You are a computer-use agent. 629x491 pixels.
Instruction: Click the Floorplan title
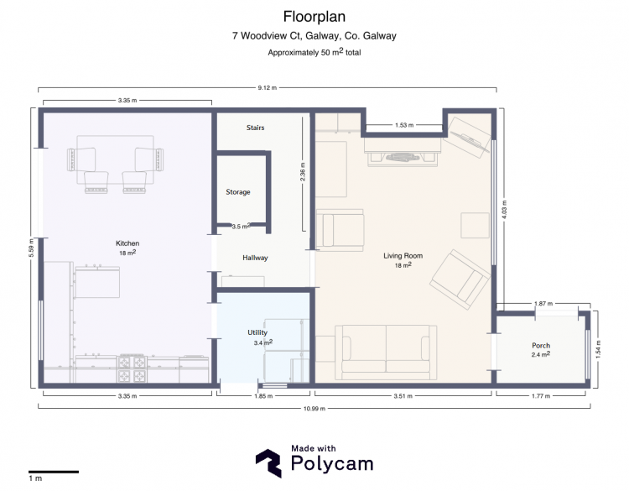pos(314,17)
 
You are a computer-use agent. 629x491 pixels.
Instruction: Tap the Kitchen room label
pos(127,243)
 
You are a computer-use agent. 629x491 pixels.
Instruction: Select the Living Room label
pos(403,256)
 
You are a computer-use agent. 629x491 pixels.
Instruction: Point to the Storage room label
pos(238,192)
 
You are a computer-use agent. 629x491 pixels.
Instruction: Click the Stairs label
pos(255,128)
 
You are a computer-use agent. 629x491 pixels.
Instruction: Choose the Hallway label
pos(255,258)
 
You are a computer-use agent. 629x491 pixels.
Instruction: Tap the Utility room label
pos(257,332)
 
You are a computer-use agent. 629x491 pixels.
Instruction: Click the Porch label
pos(541,345)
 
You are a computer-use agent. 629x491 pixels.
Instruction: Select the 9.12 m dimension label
pos(268,87)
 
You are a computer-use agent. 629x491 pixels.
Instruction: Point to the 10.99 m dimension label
pos(314,409)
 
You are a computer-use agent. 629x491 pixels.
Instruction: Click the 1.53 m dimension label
pos(404,125)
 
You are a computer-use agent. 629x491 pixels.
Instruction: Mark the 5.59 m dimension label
pos(32,248)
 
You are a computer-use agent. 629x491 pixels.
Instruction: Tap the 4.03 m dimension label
pos(505,210)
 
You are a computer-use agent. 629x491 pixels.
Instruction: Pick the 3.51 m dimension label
pos(403,396)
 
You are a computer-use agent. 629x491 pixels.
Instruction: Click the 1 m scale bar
pos(54,472)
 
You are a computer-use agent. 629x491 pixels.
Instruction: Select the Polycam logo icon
pos(268,463)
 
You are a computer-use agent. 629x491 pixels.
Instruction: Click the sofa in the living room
pos(386,353)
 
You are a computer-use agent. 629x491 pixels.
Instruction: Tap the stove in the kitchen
pos(132,368)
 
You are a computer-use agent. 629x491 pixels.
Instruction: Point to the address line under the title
pos(314,36)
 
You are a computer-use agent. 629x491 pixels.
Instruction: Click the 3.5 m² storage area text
pos(241,226)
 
